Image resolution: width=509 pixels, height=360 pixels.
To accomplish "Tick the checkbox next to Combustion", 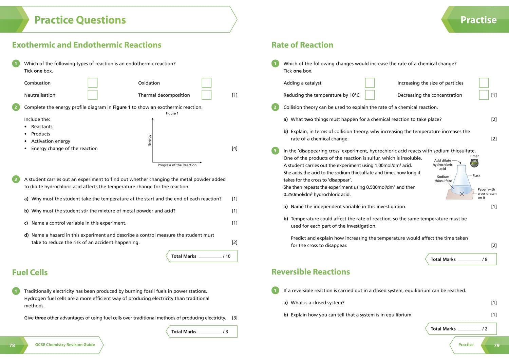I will (x=92, y=83).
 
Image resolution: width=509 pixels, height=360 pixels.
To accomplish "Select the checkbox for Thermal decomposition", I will (x=206, y=95).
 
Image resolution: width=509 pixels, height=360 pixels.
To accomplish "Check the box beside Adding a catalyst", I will (x=370, y=83).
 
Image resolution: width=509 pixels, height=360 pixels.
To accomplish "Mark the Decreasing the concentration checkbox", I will (x=484, y=95).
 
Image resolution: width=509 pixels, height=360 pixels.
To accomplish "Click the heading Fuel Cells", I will (x=30, y=272).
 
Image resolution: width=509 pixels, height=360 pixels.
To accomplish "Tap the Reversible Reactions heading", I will (x=310, y=272).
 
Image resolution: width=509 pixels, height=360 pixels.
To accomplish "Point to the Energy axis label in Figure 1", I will (x=149, y=140).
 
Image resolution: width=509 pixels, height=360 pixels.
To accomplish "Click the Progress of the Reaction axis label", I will (x=177, y=165).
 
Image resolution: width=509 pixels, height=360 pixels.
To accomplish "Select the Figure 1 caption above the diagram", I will (x=172, y=114).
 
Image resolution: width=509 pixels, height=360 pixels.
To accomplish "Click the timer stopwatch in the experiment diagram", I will (x=474, y=164).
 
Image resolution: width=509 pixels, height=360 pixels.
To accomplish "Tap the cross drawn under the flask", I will (x=462, y=194).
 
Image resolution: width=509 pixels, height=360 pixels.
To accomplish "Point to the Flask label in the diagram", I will (x=476, y=176).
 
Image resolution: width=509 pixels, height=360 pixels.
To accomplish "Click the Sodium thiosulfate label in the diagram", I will (x=443, y=179).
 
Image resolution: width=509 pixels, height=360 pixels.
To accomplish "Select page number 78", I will (x=12, y=345).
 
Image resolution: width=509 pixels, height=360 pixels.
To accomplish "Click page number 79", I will (x=496, y=345).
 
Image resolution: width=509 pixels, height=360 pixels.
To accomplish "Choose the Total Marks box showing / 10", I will (x=202, y=256).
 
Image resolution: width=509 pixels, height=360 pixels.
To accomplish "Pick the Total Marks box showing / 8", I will (x=461, y=259).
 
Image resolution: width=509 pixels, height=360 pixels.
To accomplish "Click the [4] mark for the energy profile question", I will (x=234, y=149).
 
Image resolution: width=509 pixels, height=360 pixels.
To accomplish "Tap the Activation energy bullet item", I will (x=51, y=141).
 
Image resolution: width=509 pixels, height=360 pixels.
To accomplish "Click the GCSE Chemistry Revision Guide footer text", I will (x=65, y=345).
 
